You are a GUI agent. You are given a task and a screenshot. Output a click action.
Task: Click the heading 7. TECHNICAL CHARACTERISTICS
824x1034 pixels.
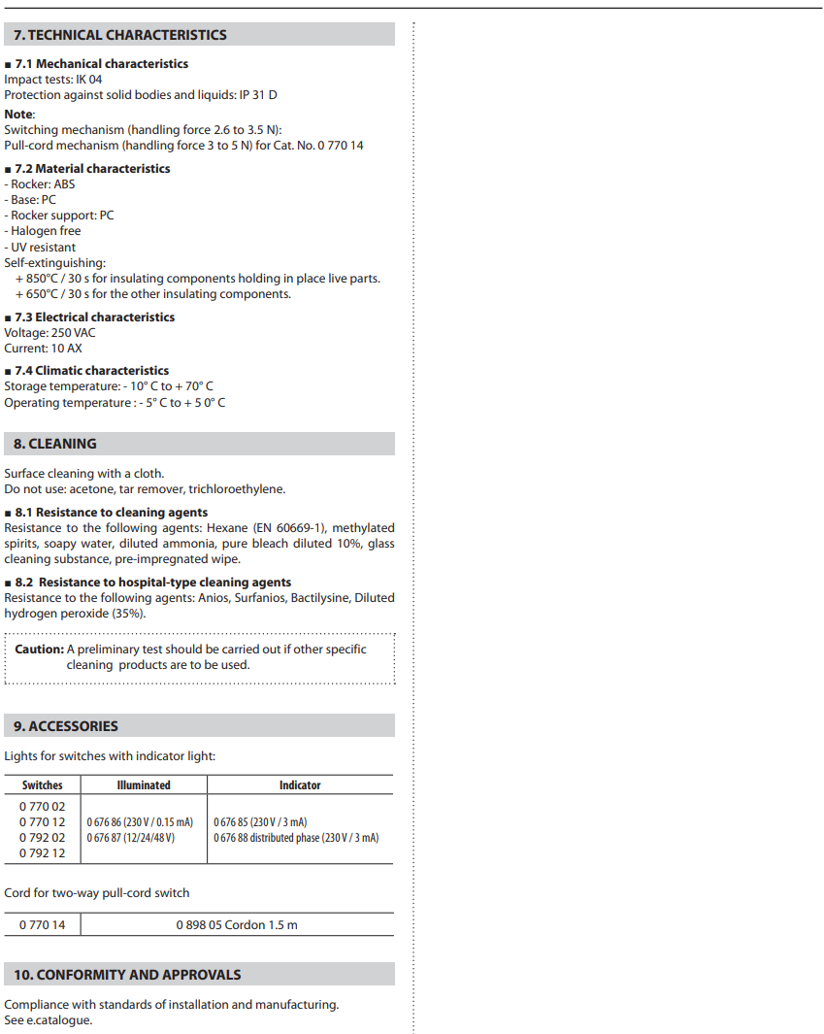119,35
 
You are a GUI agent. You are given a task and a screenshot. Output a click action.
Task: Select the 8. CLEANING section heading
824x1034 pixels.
55,444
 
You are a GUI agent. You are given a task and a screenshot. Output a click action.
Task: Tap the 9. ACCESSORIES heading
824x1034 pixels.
66,726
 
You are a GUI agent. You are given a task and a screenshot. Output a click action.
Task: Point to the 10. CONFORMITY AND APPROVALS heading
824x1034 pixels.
127,975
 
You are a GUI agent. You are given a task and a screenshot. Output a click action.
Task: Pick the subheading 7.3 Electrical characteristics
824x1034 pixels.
95,317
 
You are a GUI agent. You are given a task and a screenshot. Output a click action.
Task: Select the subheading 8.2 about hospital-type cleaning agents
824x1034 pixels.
153,583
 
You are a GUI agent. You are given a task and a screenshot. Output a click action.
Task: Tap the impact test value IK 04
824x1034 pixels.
88,80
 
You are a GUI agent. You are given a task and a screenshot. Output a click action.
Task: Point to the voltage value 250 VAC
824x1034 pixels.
73,333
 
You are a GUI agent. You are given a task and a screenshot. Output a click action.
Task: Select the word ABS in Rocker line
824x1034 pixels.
63,183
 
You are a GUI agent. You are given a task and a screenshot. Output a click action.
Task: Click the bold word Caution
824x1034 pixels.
39,650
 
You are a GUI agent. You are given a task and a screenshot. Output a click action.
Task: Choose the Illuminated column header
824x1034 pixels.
144,785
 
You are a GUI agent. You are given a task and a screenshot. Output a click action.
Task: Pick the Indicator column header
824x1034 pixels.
300,785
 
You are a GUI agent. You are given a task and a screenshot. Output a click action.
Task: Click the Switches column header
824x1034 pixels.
43,785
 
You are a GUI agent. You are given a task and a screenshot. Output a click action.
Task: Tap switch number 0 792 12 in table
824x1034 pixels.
43,853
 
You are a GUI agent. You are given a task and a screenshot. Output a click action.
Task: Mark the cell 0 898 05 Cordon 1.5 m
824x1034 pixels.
237,925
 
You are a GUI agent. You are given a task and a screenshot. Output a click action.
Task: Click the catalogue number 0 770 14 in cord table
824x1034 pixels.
43,925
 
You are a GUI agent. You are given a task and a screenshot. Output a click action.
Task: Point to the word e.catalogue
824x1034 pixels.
59,1020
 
